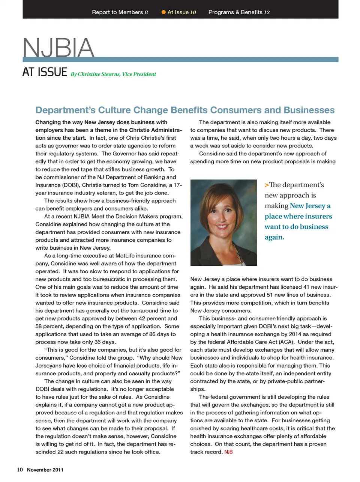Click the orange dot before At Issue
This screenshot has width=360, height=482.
tap(163, 12)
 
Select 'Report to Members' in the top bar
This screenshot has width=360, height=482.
tap(117, 12)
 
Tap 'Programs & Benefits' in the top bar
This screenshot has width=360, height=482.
tap(235, 12)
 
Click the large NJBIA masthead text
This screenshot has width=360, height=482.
tap(58, 48)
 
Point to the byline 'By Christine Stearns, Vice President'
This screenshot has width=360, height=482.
tap(113, 74)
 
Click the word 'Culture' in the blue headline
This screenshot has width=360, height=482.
tap(114, 110)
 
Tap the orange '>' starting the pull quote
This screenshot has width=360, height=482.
tap(267, 185)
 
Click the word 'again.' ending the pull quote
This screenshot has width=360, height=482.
tap(274, 237)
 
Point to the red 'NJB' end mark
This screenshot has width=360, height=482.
tap(228, 452)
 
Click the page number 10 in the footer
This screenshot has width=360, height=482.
tap(20, 470)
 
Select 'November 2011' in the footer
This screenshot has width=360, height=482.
tap(45, 470)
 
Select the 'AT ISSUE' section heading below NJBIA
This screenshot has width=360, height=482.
tap(45, 72)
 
